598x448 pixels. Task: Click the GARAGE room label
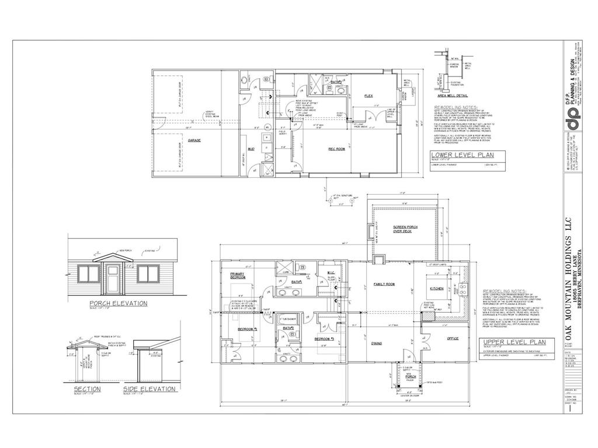(x=194, y=140)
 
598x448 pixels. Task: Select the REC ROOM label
(x=336, y=149)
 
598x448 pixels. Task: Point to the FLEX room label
(x=368, y=95)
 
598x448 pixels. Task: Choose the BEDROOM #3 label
(x=324, y=339)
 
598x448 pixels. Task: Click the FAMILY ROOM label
(x=384, y=284)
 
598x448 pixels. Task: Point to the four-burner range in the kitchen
(x=463, y=287)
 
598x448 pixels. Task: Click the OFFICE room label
(x=453, y=338)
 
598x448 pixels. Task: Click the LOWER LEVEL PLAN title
(x=462, y=155)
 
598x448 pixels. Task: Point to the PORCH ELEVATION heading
(x=117, y=303)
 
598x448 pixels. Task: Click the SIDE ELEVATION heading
(x=149, y=388)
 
